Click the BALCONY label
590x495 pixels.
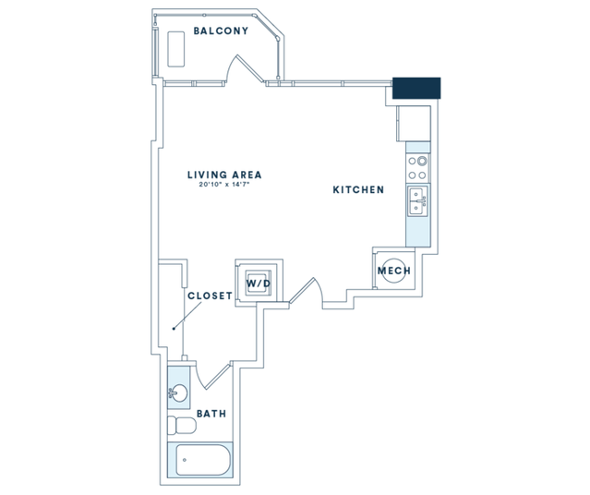(221, 30)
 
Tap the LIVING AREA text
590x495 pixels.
(224, 175)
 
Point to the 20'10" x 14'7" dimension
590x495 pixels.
(224, 185)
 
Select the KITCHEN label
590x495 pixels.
(358, 189)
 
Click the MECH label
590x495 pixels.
(394, 271)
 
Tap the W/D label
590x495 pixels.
(259, 284)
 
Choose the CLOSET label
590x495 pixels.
(210, 296)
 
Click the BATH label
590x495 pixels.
(211, 414)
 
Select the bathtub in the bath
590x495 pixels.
(203, 460)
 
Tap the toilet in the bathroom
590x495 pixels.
(182, 425)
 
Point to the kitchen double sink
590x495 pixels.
(418, 201)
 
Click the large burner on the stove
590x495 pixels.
(422, 161)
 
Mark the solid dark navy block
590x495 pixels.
(416, 88)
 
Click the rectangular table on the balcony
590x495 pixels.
(176, 49)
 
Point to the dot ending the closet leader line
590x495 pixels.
(174, 329)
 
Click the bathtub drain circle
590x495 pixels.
(185, 460)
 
